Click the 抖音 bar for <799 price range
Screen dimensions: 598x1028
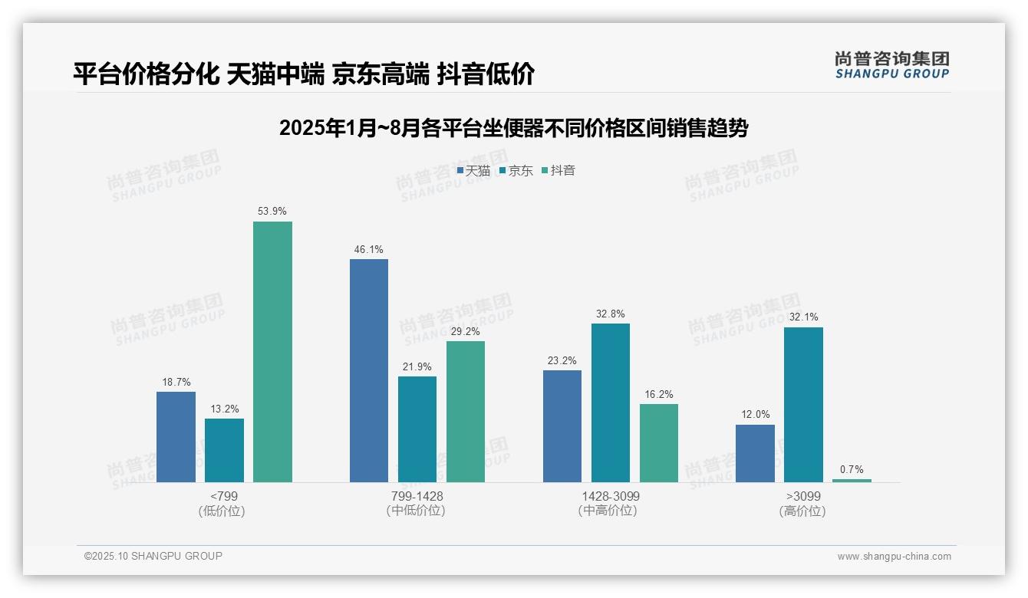point(272,352)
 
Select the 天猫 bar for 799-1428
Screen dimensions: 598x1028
point(369,371)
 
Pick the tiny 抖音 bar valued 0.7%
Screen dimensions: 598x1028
point(852,481)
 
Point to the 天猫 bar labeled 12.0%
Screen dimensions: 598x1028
point(755,453)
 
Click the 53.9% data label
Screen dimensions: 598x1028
point(272,211)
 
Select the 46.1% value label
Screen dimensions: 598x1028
point(369,249)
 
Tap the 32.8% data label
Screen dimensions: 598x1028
point(611,314)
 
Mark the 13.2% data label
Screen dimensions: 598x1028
point(224,409)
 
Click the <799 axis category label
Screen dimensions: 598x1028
point(223,496)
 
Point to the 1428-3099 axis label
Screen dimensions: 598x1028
point(610,496)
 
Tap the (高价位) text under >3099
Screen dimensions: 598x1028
point(802,511)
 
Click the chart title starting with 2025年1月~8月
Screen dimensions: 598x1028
point(513,128)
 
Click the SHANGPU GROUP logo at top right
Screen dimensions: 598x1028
point(891,65)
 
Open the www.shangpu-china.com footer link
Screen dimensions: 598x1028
point(894,557)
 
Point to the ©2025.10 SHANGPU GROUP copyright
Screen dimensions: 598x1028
point(153,556)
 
